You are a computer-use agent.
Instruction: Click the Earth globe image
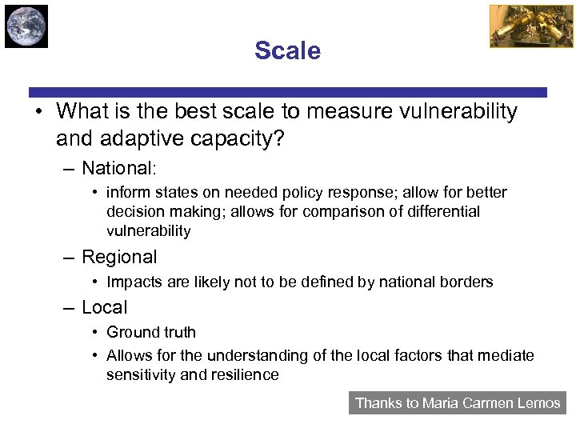pyautogui.click(x=26, y=26)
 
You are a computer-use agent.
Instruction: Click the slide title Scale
pyautogui.click(x=287, y=51)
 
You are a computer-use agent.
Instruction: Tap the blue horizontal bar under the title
pyautogui.click(x=288, y=92)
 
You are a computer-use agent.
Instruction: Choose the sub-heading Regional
pyautogui.click(x=119, y=257)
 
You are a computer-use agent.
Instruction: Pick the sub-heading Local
pyautogui.click(x=104, y=307)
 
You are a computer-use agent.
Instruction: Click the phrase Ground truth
pyautogui.click(x=151, y=332)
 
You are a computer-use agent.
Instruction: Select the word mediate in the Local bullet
pyautogui.click(x=507, y=355)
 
